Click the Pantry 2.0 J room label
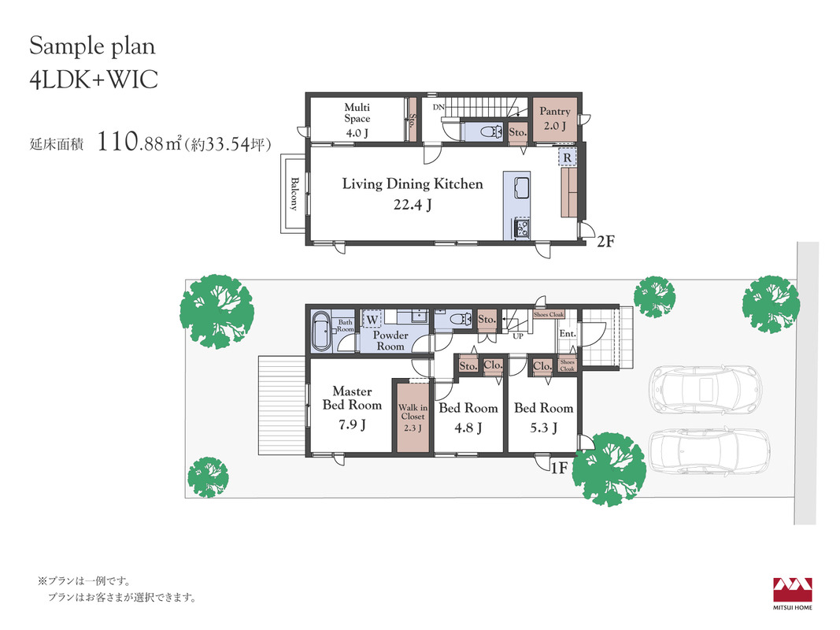pos(554,118)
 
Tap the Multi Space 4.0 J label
pos(357,120)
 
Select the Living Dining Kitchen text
pos(413,183)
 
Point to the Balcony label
pos(294,194)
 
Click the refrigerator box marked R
pos(567,158)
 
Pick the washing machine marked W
pos(372,320)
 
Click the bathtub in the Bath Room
pos(321,331)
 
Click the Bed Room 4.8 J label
pos(468,417)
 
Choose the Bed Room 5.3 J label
pos(544,417)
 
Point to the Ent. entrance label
pos(568,333)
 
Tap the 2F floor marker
pos(605,242)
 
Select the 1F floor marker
pos(559,469)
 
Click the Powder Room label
pos(390,341)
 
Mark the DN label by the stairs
pos(439,107)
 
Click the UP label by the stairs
pos(518,336)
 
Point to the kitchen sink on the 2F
pos(520,189)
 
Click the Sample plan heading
pos(92,46)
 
